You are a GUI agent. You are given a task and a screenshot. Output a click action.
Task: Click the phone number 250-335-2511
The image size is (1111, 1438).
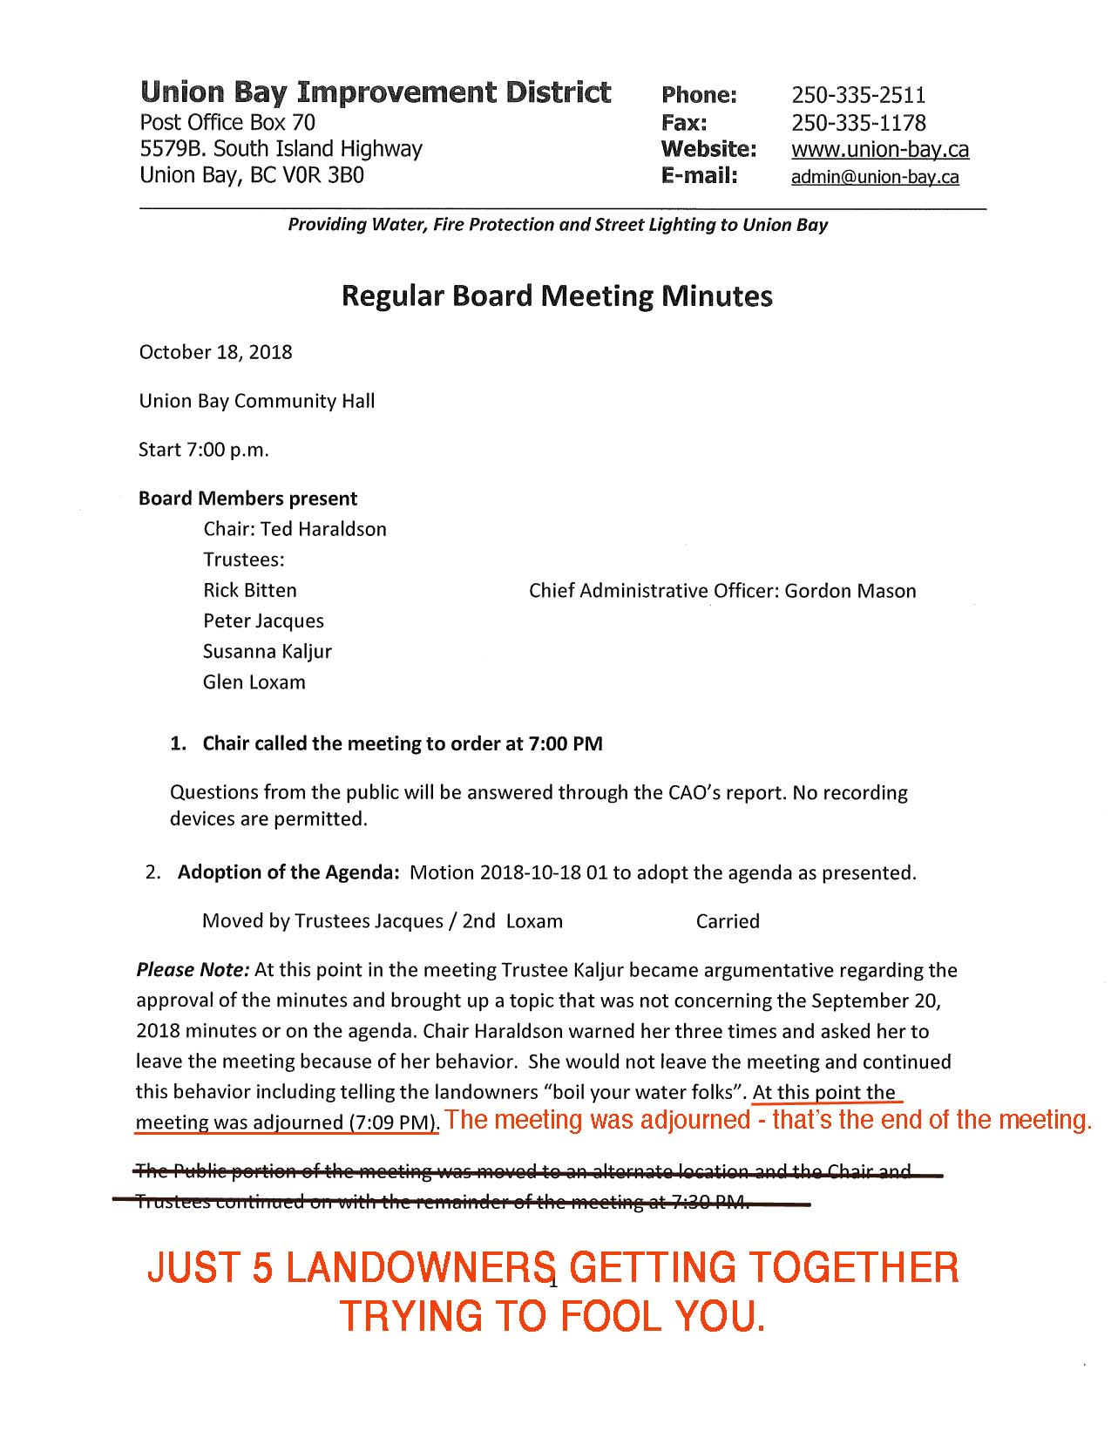pos(857,95)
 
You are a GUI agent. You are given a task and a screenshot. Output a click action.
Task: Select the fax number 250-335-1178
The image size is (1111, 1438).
pos(857,123)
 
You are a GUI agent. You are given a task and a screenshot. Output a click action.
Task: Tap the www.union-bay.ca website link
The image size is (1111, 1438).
pos(879,150)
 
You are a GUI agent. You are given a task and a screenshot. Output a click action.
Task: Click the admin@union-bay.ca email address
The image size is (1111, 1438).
pos(874,177)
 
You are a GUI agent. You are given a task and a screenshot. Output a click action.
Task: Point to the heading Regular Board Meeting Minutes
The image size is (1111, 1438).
pos(556,296)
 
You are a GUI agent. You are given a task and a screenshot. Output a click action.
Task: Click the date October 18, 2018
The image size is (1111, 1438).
pos(215,352)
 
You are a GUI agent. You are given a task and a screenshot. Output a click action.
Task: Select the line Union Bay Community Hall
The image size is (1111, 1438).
pos(256,401)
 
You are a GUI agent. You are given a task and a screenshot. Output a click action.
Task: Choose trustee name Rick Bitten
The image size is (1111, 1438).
pos(249,590)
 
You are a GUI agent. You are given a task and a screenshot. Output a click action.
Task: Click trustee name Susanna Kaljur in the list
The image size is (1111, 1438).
pos(267,651)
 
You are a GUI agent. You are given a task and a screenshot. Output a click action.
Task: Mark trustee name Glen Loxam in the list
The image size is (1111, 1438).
pos(254,682)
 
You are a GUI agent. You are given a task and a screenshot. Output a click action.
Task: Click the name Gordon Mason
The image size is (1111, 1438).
pos(850,591)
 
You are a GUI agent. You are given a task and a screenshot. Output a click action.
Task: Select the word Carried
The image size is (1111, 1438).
pos(727,921)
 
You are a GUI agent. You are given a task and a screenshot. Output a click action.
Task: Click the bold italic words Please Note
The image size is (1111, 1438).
pos(193,970)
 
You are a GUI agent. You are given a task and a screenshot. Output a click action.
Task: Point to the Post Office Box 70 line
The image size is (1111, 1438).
pos(227,123)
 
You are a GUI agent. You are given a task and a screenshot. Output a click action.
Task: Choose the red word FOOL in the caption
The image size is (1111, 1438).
pos(613,1316)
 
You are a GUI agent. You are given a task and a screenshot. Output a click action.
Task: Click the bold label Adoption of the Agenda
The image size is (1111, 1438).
pos(288,872)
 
